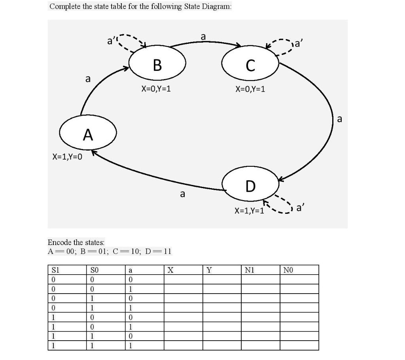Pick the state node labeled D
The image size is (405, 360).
tap(250, 185)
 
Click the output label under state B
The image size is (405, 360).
tap(156, 89)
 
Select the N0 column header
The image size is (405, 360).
tap(288, 270)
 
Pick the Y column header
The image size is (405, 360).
tap(209, 270)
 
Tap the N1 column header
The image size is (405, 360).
tap(250, 270)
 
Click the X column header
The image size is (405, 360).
tap(170, 270)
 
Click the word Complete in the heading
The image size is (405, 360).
tap(63, 7)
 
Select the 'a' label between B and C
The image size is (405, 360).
tap(203, 37)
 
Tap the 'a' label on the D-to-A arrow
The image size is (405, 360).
tap(182, 194)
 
